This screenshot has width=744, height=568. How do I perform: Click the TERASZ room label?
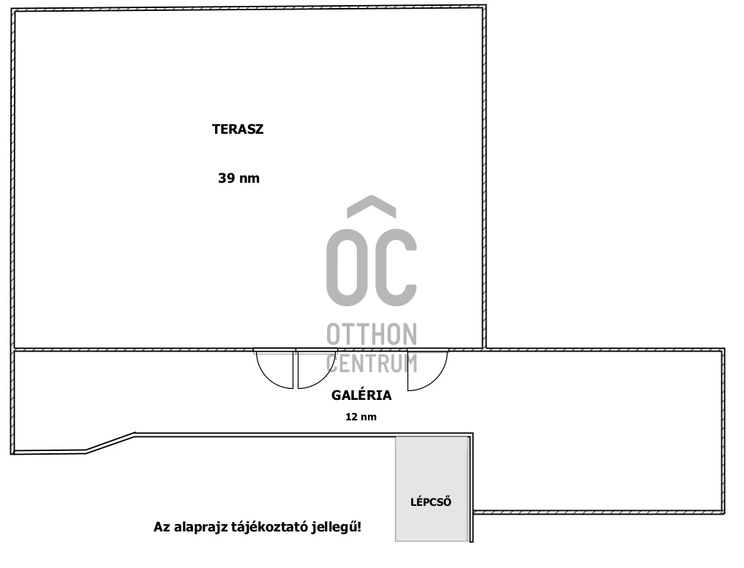(238, 129)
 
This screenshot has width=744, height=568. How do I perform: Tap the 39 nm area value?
(238, 178)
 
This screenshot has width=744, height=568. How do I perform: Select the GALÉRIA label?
(361, 395)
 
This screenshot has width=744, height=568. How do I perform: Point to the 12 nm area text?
(361, 417)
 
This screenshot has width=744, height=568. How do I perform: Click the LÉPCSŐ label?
(431, 501)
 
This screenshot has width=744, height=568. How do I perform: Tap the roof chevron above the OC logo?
(372, 205)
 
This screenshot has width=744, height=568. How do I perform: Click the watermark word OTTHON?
(372, 334)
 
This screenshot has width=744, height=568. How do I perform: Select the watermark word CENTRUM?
(372, 363)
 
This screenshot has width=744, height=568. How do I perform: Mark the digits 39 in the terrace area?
(226, 178)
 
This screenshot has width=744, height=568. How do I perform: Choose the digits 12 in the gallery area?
(351, 417)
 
